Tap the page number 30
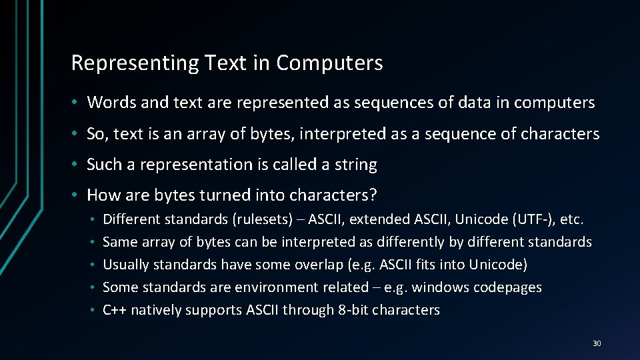click(596, 343)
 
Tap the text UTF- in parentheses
click(530, 219)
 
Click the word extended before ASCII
click(381, 219)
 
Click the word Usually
click(126, 265)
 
